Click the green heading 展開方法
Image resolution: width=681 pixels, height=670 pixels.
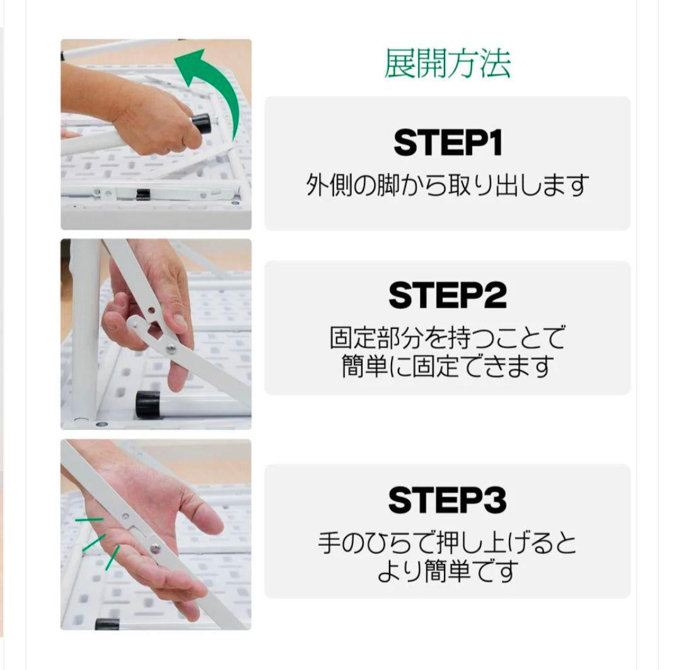click(447, 64)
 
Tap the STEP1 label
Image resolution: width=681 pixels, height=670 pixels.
click(448, 144)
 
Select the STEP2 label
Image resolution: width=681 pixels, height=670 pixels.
click(448, 296)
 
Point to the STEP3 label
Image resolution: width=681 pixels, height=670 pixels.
click(448, 500)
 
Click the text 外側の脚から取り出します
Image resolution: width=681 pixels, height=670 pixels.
click(448, 186)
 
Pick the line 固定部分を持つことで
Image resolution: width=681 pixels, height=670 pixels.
click(447, 338)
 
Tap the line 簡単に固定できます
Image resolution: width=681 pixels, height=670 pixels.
click(447, 366)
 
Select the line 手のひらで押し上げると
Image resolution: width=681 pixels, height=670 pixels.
click(447, 543)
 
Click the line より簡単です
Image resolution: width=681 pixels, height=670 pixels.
click(447, 570)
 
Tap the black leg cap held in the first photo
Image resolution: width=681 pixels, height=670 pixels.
click(202, 124)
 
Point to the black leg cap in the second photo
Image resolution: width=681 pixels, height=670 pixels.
click(149, 404)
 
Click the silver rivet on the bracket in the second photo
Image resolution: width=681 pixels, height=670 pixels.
click(170, 349)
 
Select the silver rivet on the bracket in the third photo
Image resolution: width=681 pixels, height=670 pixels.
click(154, 549)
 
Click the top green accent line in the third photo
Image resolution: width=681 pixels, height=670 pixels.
click(89, 520)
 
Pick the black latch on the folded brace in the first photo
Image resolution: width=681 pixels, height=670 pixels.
click(143, 194)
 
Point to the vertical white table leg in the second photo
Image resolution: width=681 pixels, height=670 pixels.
click(85, 328)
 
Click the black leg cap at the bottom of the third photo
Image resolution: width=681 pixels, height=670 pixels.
click(107, 624)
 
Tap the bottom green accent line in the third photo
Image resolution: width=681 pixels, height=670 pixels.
click(112, 558)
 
